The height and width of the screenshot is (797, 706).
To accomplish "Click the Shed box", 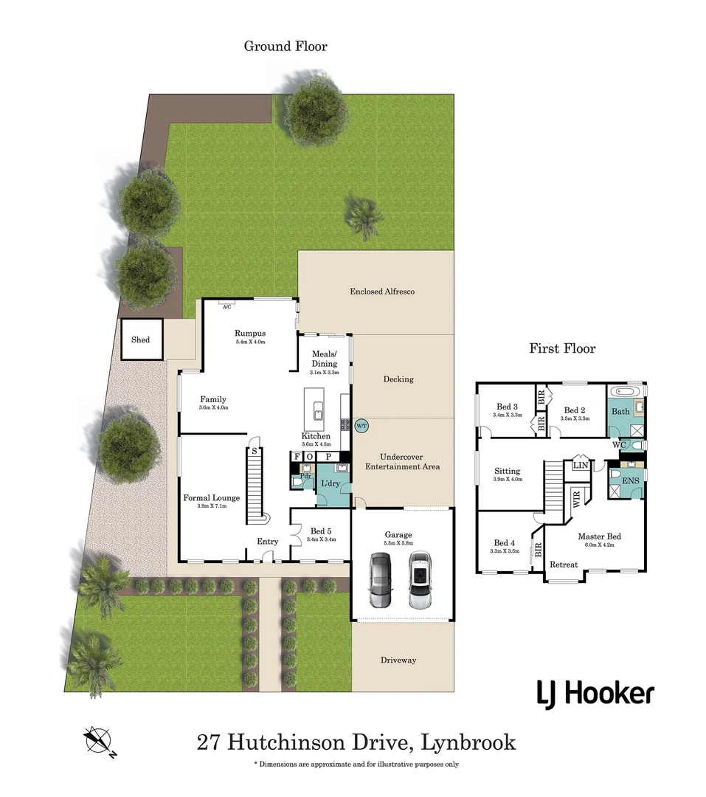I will click(140, 339).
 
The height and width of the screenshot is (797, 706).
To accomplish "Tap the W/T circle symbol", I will click(361, 426).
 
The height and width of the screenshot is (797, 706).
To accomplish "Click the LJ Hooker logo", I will click(595, 694).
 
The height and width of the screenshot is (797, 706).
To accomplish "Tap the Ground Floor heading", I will click(285, 46).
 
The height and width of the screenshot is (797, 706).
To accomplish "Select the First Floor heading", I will click(561, 348).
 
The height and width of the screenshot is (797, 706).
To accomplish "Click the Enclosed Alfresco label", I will click(381, 291).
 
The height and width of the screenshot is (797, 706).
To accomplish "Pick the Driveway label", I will click(398, 660).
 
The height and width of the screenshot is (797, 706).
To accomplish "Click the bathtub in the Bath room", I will click(627, 390).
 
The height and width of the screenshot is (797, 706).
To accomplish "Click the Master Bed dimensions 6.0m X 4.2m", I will click(599, 545).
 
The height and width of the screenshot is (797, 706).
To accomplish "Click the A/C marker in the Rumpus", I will click(227, 305).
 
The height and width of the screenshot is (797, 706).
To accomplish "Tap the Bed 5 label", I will click(320, 531).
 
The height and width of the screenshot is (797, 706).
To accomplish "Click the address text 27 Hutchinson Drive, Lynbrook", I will click(356, 742).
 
